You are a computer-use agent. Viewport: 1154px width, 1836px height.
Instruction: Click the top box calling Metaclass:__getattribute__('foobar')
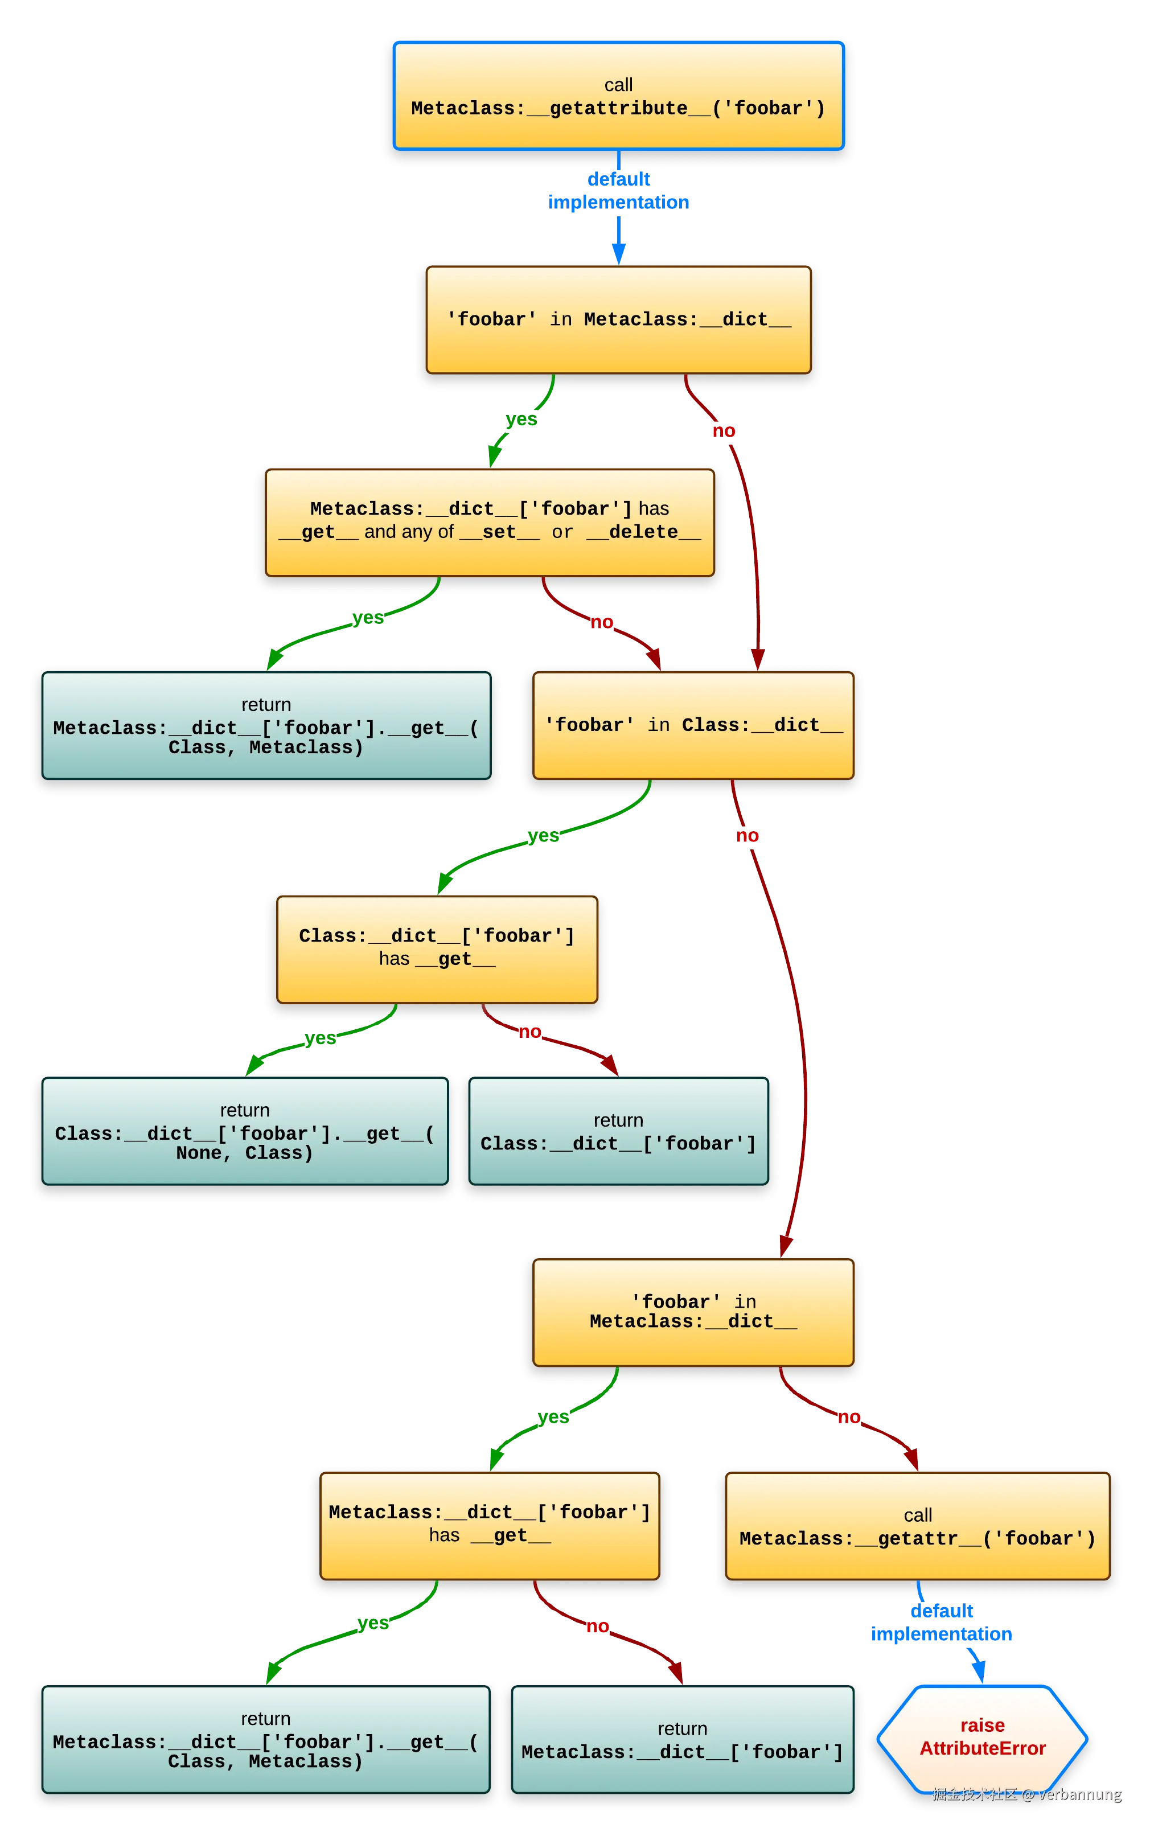pos(618,96)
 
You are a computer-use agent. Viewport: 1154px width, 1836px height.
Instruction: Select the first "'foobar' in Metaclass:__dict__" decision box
pos(618,319)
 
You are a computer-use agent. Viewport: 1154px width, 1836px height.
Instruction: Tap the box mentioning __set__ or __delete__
pos(489,521)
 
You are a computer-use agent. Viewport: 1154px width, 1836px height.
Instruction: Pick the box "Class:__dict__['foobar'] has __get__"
pos(436,948)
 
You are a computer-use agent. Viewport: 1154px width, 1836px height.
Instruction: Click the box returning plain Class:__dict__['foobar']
pos(618,1132)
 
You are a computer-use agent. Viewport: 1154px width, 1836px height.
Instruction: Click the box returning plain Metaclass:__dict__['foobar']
pos(682,1741)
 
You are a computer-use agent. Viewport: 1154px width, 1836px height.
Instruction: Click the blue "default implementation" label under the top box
pos(619,190)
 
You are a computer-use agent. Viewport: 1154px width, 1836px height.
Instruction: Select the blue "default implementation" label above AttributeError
pos(942,1623)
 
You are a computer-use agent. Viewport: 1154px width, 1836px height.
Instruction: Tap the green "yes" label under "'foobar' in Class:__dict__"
pos(543,836)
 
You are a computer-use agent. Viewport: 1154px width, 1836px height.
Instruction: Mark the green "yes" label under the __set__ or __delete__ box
pos(368,617)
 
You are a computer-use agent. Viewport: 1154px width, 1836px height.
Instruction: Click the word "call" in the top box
pos(618,85)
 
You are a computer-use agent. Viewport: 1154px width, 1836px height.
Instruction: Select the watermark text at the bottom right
pos(1026,1794)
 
